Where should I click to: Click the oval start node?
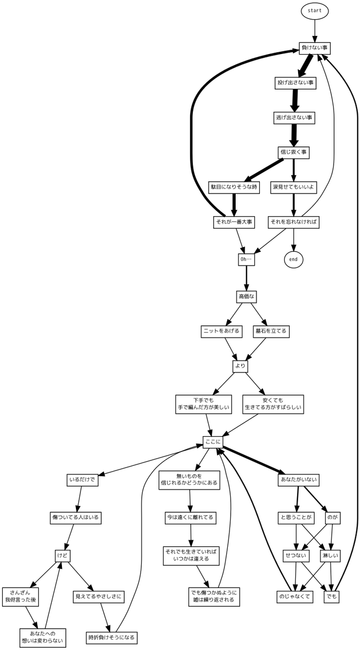314,11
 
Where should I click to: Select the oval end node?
293,259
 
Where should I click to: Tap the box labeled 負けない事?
314,48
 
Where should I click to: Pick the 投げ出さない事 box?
295,83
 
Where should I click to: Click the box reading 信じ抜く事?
293,152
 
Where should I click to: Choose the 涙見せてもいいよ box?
293,187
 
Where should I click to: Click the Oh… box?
246,259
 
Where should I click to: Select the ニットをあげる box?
222,331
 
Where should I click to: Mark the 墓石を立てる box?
271,331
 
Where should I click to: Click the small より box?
241,366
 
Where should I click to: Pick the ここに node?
213,443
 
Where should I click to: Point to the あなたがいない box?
299,479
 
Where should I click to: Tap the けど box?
62,555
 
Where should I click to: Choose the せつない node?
296,555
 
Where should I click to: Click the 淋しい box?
330,555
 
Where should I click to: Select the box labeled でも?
332,597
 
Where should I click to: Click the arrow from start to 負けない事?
314,32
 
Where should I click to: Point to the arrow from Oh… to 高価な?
246,278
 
